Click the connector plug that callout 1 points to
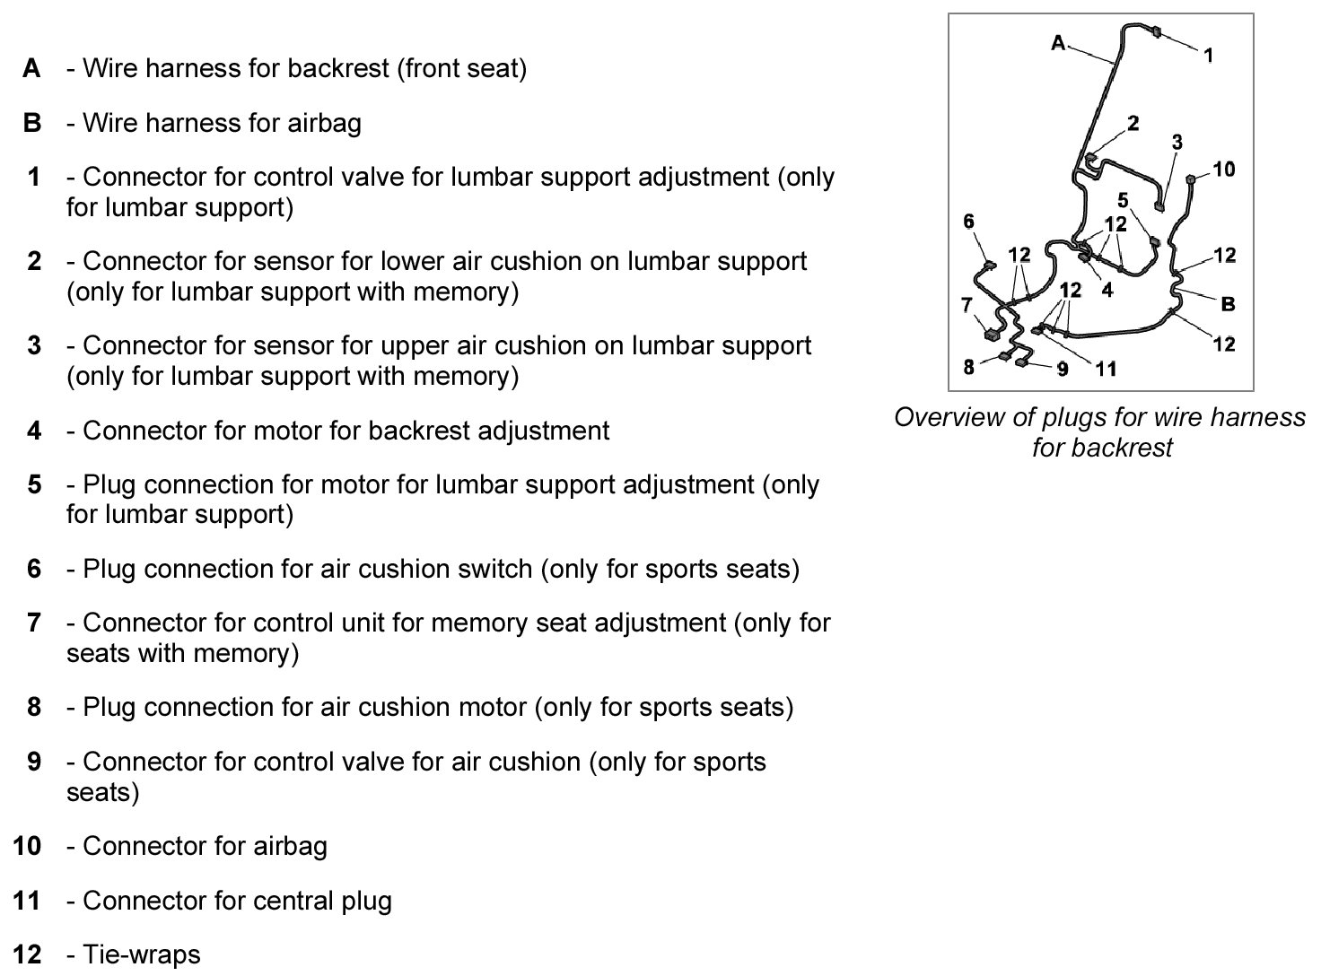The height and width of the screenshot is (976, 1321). tap(1155, 32)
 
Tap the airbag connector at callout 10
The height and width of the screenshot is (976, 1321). tap(1192, 179)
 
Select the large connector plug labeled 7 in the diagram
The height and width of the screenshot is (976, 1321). tap(992, 335)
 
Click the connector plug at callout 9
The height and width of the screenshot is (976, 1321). tap(1021, 363)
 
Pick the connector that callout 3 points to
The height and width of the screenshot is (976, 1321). tap(1159, 208)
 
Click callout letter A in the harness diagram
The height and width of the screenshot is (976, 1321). tap(1058, 42)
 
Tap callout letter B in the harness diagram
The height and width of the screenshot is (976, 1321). tap(1228, 304)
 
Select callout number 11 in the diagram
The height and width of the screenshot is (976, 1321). tap(1106, 369)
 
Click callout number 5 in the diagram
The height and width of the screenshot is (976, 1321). tap(1123, 200)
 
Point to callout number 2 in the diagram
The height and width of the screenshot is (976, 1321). tap(1133, 123)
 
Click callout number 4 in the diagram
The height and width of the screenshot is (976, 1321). tap(1107, 290)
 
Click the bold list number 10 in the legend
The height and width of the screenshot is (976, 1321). tap(27, 846)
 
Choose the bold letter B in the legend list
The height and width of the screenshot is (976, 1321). tap(32, 123)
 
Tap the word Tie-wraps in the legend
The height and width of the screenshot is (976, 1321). tap(141, 954)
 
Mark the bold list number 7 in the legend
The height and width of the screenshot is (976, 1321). tap(34, 623)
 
